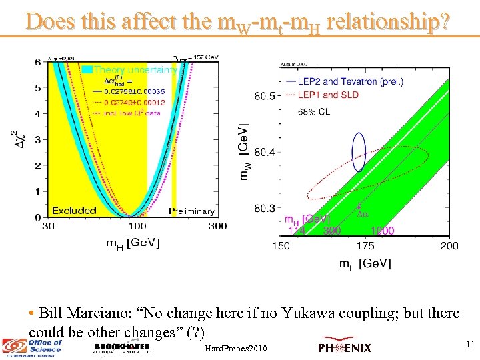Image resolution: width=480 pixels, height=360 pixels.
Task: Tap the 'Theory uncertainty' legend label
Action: tap(135, 69)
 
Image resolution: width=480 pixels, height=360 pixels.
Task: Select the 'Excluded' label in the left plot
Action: tap(74, 210)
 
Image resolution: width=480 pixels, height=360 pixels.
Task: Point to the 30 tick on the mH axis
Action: tap(49, 227)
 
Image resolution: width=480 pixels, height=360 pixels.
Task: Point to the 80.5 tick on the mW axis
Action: tap(265, 97)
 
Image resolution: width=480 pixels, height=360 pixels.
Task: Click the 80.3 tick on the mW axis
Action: tap(265, 209)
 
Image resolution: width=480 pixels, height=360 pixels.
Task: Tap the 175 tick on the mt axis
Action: tap(365, 246)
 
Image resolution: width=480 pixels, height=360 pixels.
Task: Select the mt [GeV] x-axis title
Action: tap(365, 264)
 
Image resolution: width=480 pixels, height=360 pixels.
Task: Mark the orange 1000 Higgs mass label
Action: tap(383, 231)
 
